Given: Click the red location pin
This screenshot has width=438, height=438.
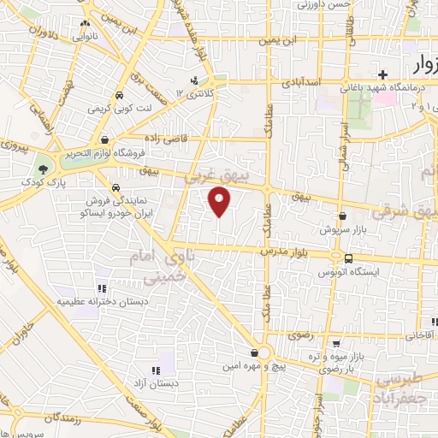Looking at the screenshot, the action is coord(221,202).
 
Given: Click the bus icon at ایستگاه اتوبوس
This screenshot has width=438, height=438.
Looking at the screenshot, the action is coord(349,257).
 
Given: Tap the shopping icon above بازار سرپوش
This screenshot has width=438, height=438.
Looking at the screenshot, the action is coord(343,216).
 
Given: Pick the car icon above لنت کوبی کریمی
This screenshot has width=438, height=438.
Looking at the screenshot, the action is coord(119,96).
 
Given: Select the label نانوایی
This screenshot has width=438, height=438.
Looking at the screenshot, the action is coord(85,37).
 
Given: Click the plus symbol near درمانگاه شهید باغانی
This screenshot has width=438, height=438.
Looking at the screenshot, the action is coord(383,74).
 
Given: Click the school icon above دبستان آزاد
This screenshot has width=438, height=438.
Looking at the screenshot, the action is coord(155,370).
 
